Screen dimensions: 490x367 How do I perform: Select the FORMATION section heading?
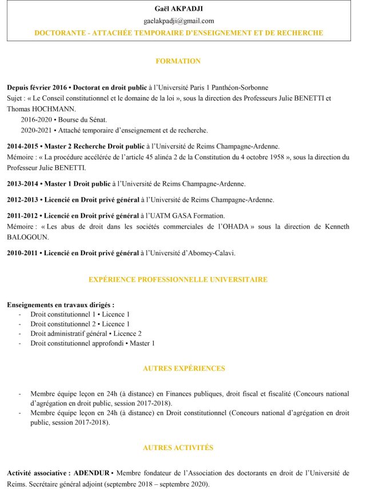[178, 61]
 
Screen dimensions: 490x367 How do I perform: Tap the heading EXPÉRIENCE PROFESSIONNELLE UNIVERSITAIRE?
[178, 280]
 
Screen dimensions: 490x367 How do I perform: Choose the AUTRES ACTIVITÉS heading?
[178, 448]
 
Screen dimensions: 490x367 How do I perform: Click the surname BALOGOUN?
[27, 237]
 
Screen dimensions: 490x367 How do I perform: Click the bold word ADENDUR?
[92, 473]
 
